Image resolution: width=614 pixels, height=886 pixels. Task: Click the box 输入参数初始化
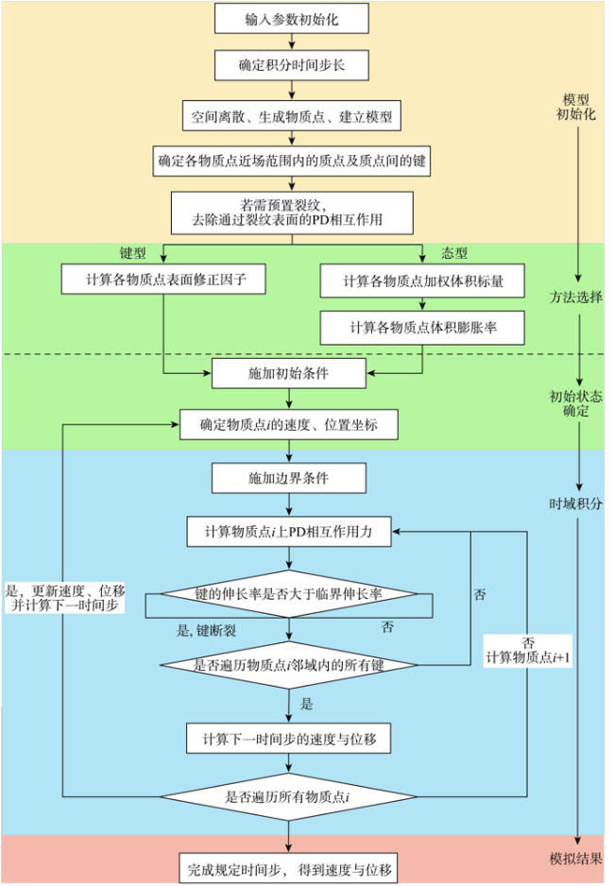click(292, 19)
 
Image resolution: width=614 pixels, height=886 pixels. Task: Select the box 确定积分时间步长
click(292, 65)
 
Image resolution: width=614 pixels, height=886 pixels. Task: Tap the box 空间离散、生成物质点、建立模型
click(292, 116)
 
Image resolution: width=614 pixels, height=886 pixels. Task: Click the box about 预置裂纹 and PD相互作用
click(292, 213)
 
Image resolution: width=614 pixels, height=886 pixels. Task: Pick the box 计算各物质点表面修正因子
click(163, 279)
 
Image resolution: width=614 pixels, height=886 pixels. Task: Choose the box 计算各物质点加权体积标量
click(422, 281)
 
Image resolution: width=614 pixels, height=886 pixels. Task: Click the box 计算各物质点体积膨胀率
click(422, 328)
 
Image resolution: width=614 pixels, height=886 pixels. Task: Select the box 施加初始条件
click(289, 373)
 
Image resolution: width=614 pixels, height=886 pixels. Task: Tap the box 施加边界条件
click(289, 478)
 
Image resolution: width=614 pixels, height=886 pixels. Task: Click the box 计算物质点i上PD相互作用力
click(289, 531)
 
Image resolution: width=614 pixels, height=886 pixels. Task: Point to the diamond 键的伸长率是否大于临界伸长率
click(289, 594)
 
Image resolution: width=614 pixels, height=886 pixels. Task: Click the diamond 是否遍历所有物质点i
click(289, 796)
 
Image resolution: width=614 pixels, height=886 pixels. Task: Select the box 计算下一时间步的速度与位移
click(289, 739)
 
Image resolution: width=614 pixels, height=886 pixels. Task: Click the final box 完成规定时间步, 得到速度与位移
click(289, 869)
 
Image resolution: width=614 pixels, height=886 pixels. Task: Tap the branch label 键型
click(133, 252)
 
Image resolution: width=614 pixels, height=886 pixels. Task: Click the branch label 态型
click(454, 252)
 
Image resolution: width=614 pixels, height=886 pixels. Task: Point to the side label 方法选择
click(575, 298)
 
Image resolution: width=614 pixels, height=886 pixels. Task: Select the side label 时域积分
click(575, 503)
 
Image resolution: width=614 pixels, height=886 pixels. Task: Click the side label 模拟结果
click(575, 859)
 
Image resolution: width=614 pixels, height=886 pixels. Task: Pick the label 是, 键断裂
click(206, 630)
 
